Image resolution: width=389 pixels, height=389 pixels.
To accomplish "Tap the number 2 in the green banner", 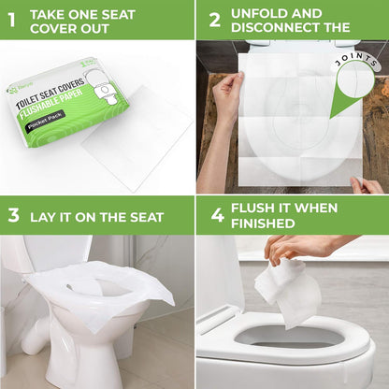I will pos(214,19).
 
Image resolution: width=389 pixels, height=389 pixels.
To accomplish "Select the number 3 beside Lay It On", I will pos(13,215).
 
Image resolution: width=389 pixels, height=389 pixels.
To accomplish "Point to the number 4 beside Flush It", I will pos(217,215).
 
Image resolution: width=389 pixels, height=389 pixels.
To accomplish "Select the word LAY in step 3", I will pos(42,216).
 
